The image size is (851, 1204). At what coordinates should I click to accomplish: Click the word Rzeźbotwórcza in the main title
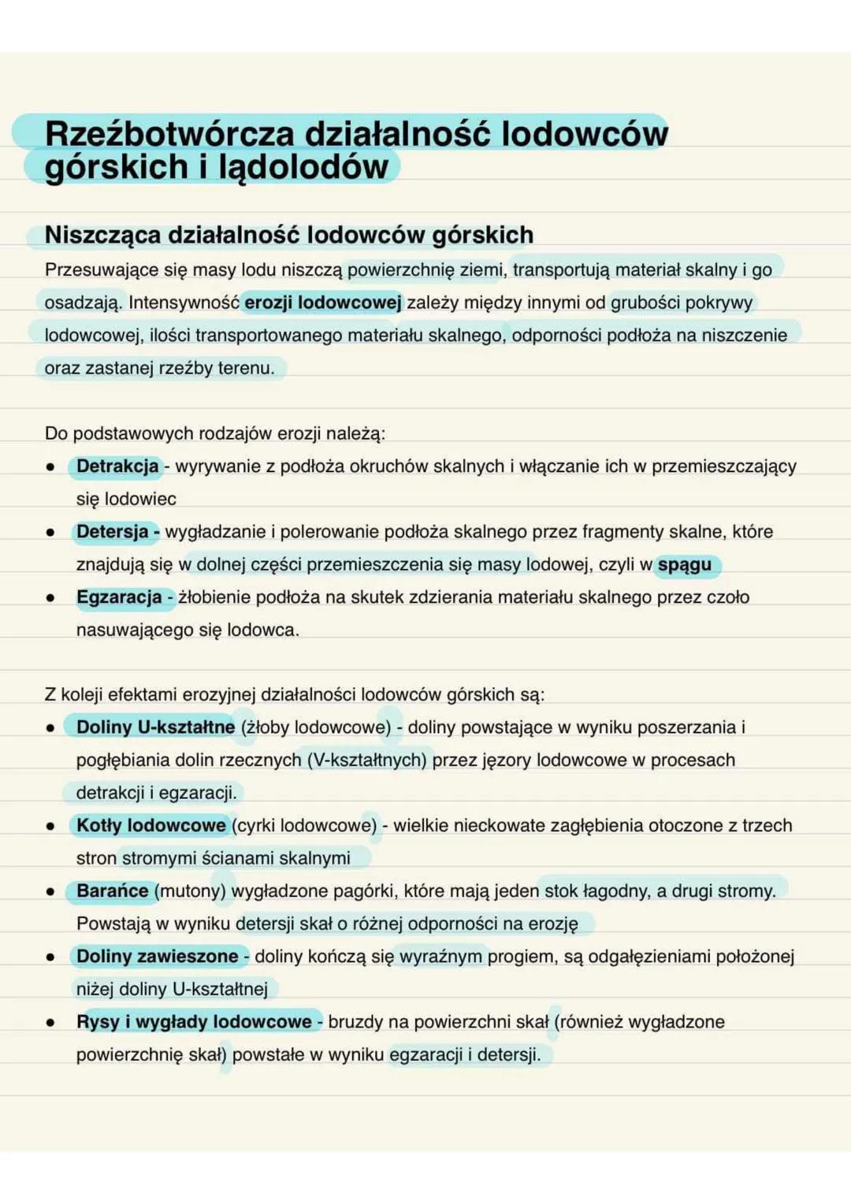(x=169, y=133)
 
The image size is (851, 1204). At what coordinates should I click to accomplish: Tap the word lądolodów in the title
(x=303, y=167)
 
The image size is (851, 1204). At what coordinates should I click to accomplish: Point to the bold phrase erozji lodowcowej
(x=322, y=303)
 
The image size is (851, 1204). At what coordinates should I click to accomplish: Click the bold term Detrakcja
(x=117, y=466)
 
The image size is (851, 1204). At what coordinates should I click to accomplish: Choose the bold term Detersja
(x=113, y=532)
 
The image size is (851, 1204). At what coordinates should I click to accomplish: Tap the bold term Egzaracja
(x=119, y=597)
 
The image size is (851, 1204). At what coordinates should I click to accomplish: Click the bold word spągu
(x=684, y=564)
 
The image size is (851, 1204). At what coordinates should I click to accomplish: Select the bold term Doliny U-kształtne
(x=155, y=727)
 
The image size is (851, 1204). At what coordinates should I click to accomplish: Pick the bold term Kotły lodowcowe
(x=151, y=825)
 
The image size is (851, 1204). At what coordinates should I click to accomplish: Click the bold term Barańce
(x=112, y=890)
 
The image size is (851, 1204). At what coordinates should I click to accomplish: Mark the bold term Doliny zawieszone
(x=157, y=956)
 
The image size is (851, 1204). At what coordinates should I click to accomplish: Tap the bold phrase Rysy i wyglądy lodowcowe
(x=194, y=1022)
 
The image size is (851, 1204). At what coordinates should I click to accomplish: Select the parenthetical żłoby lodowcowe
(x=316, y=727)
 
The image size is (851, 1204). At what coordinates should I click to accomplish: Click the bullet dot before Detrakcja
(x=50, y=467)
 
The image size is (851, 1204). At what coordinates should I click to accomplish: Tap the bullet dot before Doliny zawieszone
(x=50, y=957)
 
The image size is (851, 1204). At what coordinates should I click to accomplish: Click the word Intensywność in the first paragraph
(x=184, y=303)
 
